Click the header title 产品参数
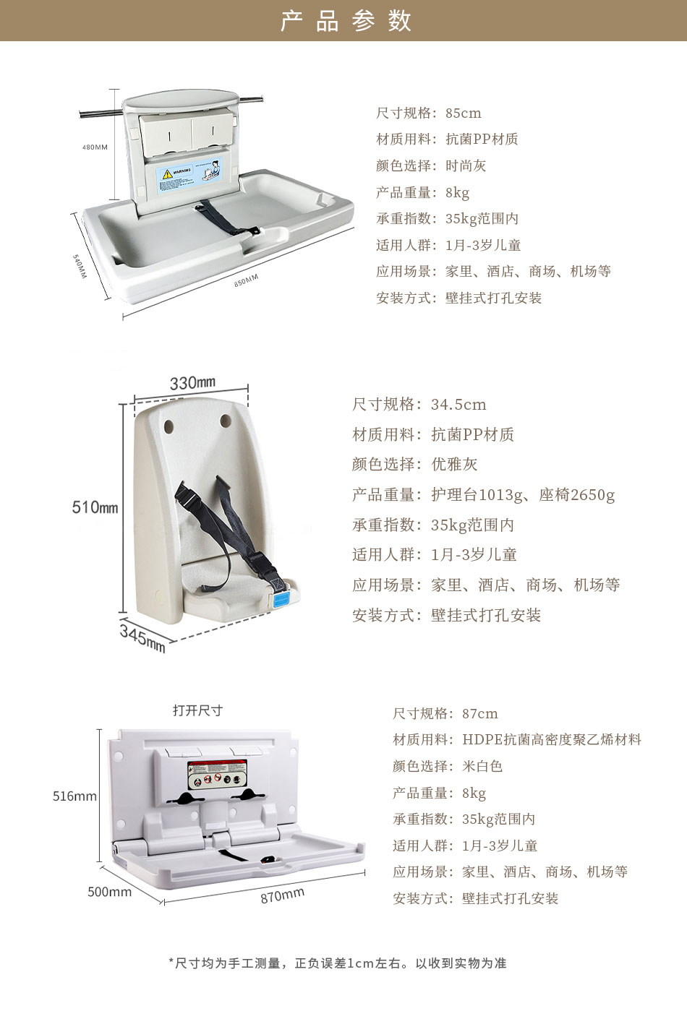pos(345,21)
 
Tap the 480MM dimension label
pos(95,147)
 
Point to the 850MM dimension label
pos(246,280)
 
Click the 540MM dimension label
pos(80,265)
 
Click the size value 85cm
pos(464,113)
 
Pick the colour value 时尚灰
pos(466,166)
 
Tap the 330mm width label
pos(192,383)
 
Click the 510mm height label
pos(95,507)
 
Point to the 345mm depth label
pos(143,637)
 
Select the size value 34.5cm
pos(458,405)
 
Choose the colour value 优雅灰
pos(454,465)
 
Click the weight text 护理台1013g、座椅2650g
pos(523,495)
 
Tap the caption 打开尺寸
pos(197,711)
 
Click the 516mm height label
pos(74,796)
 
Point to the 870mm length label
pos(283,895)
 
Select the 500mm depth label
pos(110,892)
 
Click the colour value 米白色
pos(482,767)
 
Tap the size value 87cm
pos(480,714)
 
